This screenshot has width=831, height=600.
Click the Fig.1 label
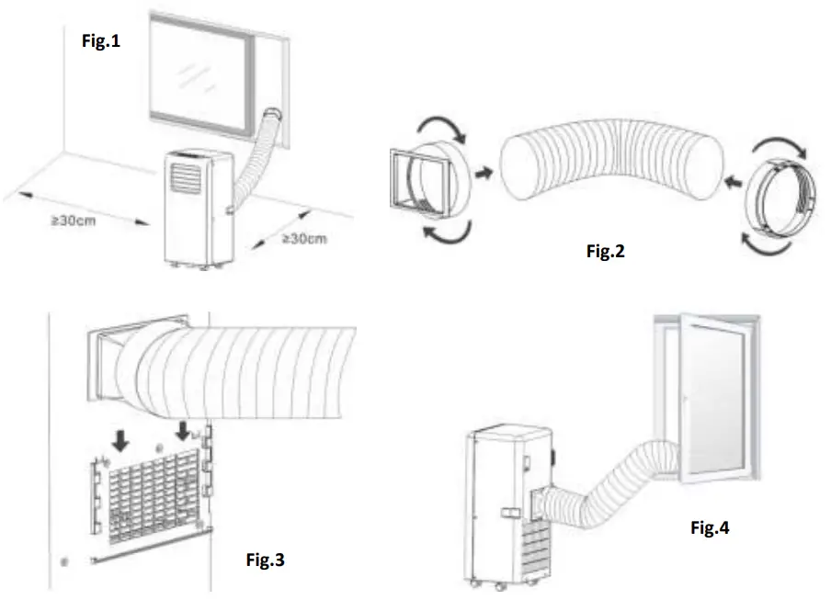pos(102,40)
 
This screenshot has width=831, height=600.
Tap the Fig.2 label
pos(606,250)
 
